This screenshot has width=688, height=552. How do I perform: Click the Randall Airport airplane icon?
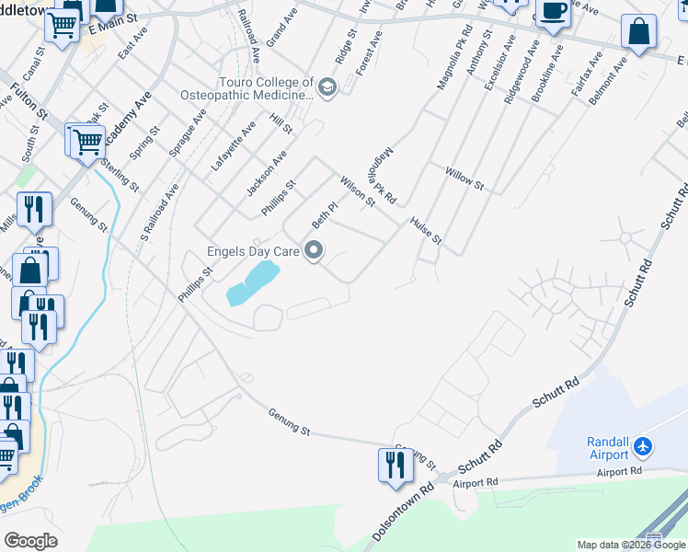643,447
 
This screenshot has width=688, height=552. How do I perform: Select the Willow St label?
464,178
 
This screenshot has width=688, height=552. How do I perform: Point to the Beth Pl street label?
319,215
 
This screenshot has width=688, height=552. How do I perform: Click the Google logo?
30,540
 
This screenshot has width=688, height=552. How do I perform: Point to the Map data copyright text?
631,545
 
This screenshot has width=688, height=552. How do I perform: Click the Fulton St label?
30,99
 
